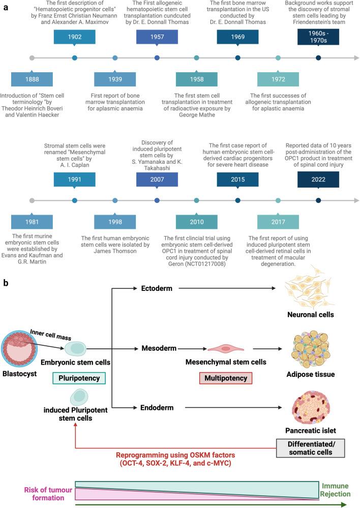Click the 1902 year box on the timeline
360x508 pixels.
click(x=75, y=37)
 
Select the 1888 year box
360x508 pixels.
click(x=32, y=80)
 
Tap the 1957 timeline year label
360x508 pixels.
click(x=157, y=37)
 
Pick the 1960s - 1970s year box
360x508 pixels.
click(x=318, y=37)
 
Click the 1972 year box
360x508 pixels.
click(x=278, y=80)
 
